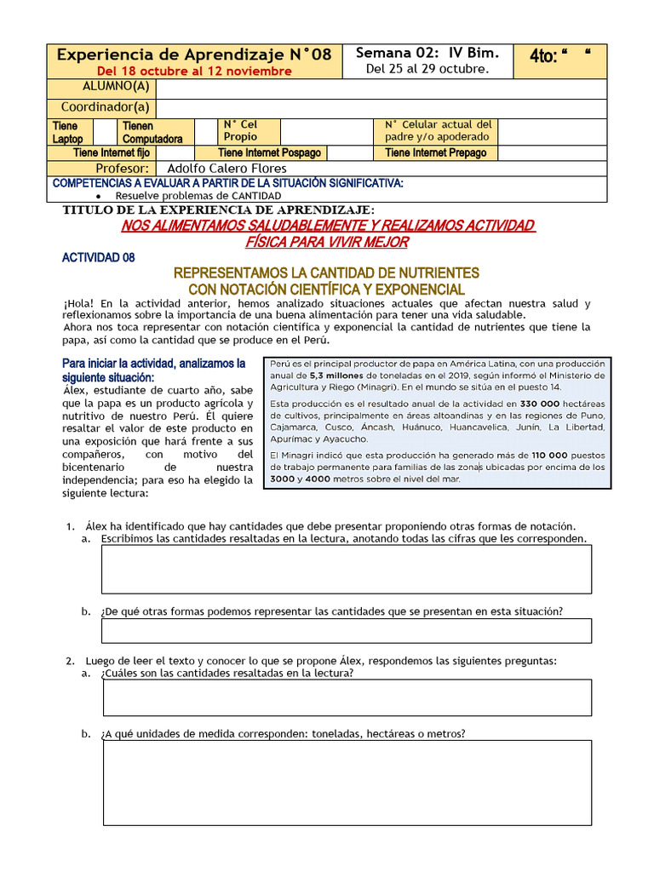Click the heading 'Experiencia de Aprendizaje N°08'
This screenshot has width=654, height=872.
(x=193, y=54)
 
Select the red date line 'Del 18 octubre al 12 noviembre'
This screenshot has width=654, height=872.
(x=194, y=71)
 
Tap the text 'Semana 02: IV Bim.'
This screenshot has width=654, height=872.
(x=427, y=53)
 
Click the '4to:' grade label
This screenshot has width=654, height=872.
(x=543, y=56)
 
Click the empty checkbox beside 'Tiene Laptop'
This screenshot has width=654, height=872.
(x=104, y=131)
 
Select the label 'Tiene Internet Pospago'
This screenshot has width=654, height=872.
(x=269, y=152)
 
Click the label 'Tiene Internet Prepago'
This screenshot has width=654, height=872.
(x=435, y=152)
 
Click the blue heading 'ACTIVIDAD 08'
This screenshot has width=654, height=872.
(x=98, y=257)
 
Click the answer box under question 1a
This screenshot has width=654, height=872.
(x=346, y=569)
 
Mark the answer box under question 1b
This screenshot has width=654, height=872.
(x=346, y=630)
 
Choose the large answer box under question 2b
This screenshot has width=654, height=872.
(x=346, y=782)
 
